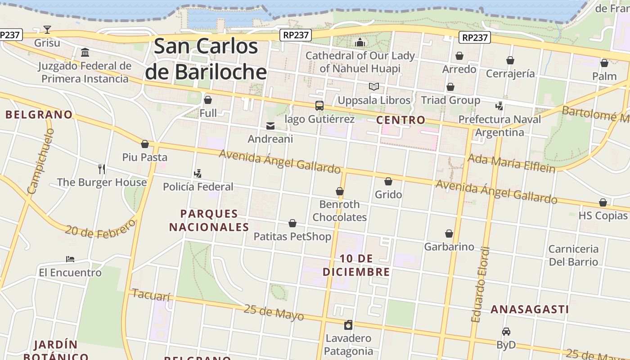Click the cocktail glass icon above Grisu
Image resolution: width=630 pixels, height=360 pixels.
click(47, 30)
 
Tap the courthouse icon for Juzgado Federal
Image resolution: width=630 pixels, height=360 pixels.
click(85, 53)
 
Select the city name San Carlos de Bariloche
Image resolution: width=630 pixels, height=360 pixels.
click(206, 59)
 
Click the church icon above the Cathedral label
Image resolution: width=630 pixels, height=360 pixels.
click(360, 43)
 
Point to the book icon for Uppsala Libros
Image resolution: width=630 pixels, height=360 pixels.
click(374, 86)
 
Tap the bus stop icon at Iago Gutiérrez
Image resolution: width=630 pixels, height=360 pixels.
click(319, 106)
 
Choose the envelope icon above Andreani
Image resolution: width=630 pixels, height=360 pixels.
click(270, 126)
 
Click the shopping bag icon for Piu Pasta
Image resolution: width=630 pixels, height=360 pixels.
click(145, 144)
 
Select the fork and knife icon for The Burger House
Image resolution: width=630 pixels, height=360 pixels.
click(102, 169)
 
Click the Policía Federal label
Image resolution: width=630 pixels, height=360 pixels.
click(198, 186)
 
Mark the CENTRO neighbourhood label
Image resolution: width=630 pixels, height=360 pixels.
click(400, 120)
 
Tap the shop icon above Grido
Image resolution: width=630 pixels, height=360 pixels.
click(388, 181)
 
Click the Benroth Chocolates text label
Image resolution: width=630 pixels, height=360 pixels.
click(340, 211)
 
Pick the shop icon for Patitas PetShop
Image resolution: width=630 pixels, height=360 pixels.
click(292, 223)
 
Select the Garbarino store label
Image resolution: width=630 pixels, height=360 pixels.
click(449, 247)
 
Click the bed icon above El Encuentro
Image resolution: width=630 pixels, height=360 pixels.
click(70, 259)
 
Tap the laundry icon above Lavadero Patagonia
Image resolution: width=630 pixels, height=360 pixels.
click(348, 325)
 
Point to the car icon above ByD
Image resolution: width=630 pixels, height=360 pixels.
click(506, 332)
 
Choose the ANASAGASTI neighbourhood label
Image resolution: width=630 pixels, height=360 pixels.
click(530, 309)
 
